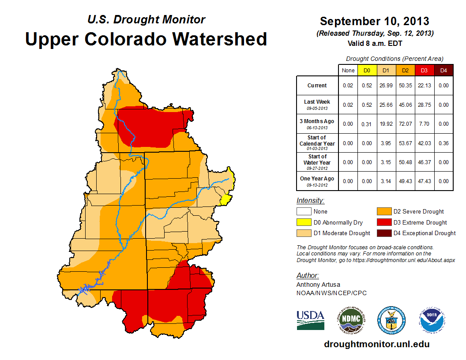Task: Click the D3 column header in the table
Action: coord(424,70)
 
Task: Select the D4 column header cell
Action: coord(443,70)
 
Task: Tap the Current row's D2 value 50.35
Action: coord(405,86)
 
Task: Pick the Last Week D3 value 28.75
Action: coord(424,105)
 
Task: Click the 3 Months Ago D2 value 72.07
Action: coord(405,124)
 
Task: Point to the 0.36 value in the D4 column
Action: coord(443,143)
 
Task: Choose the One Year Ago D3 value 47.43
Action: coord(424,181)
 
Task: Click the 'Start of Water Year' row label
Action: coord(317,162)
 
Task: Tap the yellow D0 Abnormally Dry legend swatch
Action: coord(304,222)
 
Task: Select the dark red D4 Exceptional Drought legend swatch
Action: coord(383,233)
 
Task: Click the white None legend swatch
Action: coord(304,212)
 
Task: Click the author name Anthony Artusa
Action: coord(317,285)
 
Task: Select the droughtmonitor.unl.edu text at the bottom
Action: coord(376,344)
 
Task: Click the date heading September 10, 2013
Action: coord(374,21)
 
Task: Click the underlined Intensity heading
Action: coord(310,201)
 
